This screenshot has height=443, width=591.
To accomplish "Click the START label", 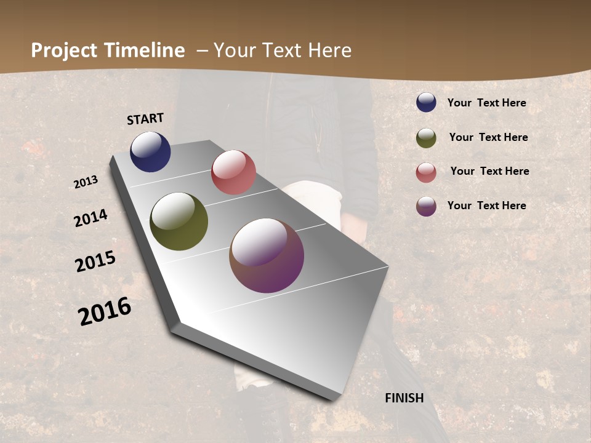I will (x=145, y=119).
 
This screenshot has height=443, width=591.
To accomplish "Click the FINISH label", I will (x=404, y=398).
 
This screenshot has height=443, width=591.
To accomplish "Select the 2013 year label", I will (x=86, y=182).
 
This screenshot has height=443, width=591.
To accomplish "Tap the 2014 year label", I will (x=91, y=218).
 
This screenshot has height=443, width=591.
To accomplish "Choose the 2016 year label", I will (x=105, y=311).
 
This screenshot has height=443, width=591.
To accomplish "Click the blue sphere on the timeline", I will (x=150, y=152).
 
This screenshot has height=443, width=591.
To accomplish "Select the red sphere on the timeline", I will (x=233, y=172).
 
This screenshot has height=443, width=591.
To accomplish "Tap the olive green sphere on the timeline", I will (x=179, y=221).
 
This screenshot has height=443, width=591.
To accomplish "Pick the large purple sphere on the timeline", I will (x=267, y=255).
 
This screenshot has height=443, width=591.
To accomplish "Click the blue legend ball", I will (x=426, y=103).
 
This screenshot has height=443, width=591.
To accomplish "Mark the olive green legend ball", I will (x=426, y=138).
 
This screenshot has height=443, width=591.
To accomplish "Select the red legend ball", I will (x=426, y=172).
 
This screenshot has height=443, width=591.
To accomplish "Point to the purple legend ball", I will (x=426, y=206).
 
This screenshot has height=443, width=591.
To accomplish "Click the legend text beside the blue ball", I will (x=486, y=103).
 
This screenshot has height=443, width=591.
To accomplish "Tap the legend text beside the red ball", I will (x=489, y=171).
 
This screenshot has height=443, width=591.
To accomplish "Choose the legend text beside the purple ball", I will (x=486, y=206).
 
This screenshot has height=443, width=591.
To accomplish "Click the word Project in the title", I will (x=65, y=50).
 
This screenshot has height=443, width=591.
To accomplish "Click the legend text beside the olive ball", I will (x=488, y=137).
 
